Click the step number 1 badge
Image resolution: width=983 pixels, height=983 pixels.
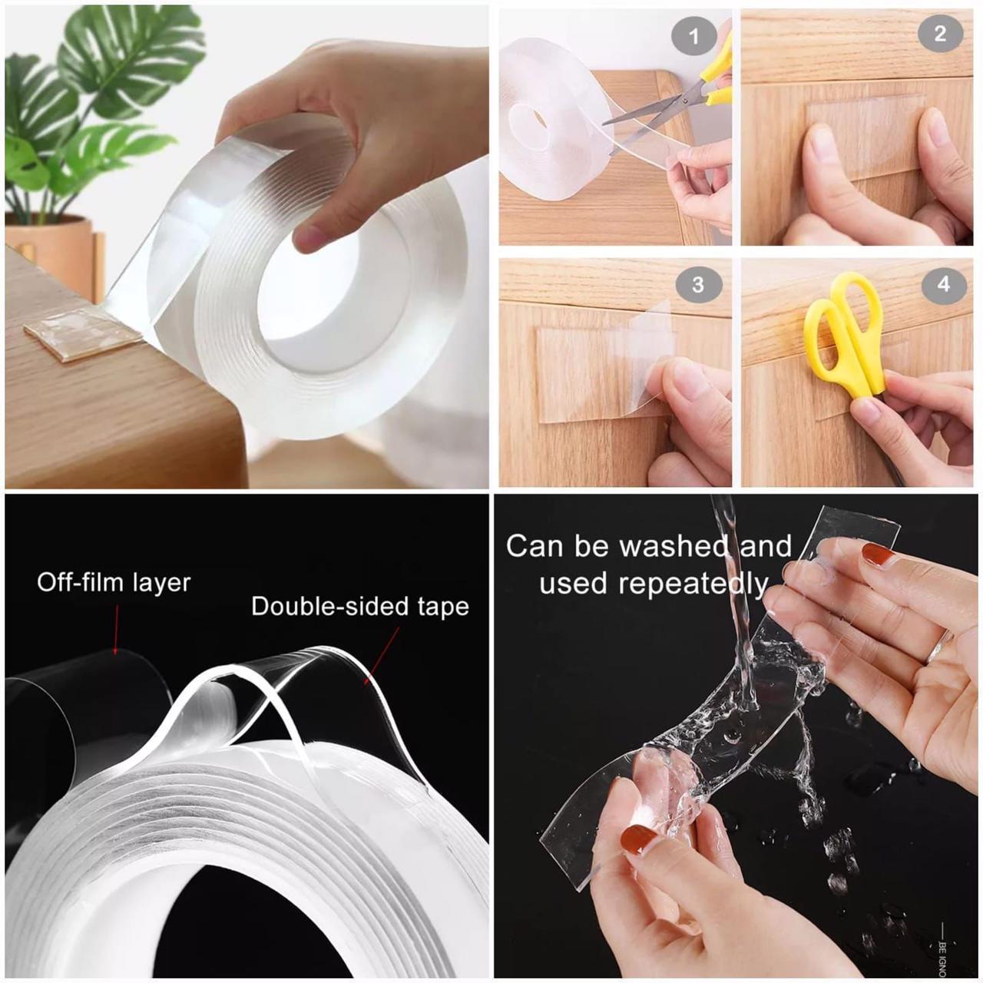[693, 37]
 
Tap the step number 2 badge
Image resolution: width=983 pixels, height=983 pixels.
[940, 34]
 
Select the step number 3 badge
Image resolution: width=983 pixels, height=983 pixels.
[697, 285]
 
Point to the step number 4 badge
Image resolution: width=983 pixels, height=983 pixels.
[943, 284]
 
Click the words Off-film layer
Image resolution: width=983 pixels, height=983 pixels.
[114, 582]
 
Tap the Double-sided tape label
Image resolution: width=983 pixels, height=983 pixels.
[359, 607]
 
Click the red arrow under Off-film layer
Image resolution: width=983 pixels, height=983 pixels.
[117, 630]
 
